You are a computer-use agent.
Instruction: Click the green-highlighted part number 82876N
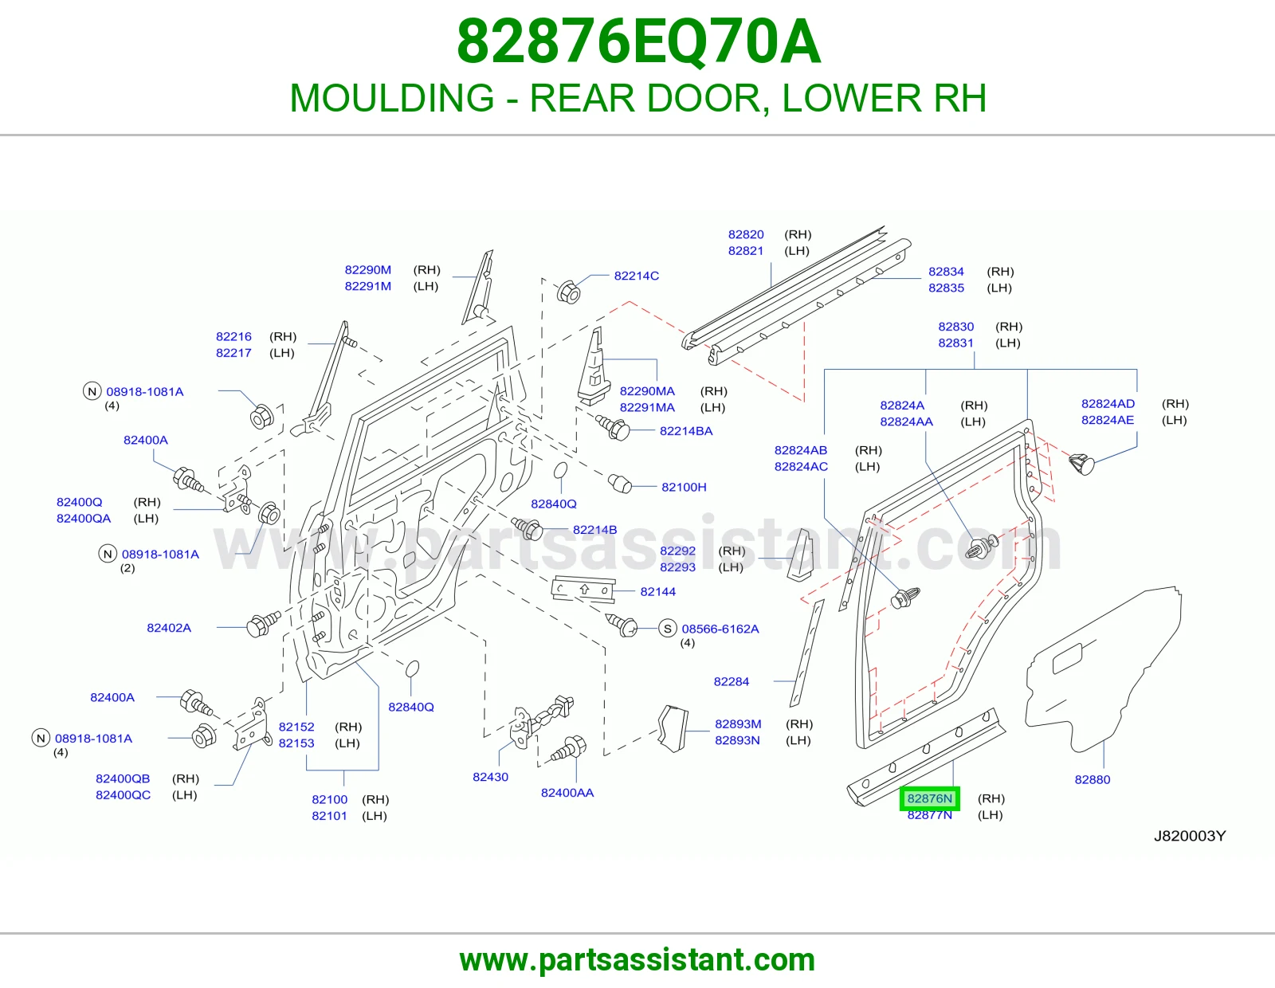929,798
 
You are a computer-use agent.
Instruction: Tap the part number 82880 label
1092,780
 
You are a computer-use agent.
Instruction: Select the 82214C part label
636,276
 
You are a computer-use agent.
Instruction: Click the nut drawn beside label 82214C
567,292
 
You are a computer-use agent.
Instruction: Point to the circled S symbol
667,629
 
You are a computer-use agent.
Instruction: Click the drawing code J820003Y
1190,836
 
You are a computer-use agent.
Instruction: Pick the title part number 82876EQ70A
638,42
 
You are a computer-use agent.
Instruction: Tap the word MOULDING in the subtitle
392,98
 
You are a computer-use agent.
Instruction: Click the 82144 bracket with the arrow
583,590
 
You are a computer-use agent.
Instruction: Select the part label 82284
731,682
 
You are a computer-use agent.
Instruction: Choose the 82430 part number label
491,777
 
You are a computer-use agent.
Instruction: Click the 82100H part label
684,487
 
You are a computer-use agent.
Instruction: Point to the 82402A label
169,628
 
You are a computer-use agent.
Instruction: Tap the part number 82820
746,235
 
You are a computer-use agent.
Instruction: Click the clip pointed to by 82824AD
1081,464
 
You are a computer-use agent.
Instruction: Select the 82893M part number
738,724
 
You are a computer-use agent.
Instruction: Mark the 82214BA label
686,431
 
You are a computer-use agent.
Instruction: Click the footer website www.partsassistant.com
637,960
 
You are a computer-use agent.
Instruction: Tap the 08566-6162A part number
720,629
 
